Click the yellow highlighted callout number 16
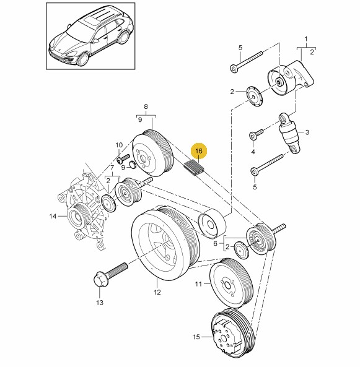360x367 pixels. point(199,151)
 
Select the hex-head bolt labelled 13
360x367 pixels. point(110,275)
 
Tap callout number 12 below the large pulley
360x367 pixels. point(157,292)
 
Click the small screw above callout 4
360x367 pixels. point(256,134)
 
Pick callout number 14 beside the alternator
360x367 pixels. point(53,216)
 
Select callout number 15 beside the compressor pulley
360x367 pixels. point(196,337)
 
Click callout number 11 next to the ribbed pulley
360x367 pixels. point(198,284)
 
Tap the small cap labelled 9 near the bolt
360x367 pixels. point(133,165)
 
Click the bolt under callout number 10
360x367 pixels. point(123,158)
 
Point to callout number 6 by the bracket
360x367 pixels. point(216,243)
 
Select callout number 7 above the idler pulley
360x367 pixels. point(112,168)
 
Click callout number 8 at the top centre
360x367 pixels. point(146,106)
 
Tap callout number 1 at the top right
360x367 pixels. point(306,40)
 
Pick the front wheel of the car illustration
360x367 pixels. point(83,59)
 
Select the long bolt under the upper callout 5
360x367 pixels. point(246,62)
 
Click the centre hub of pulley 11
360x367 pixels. point(227,285)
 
